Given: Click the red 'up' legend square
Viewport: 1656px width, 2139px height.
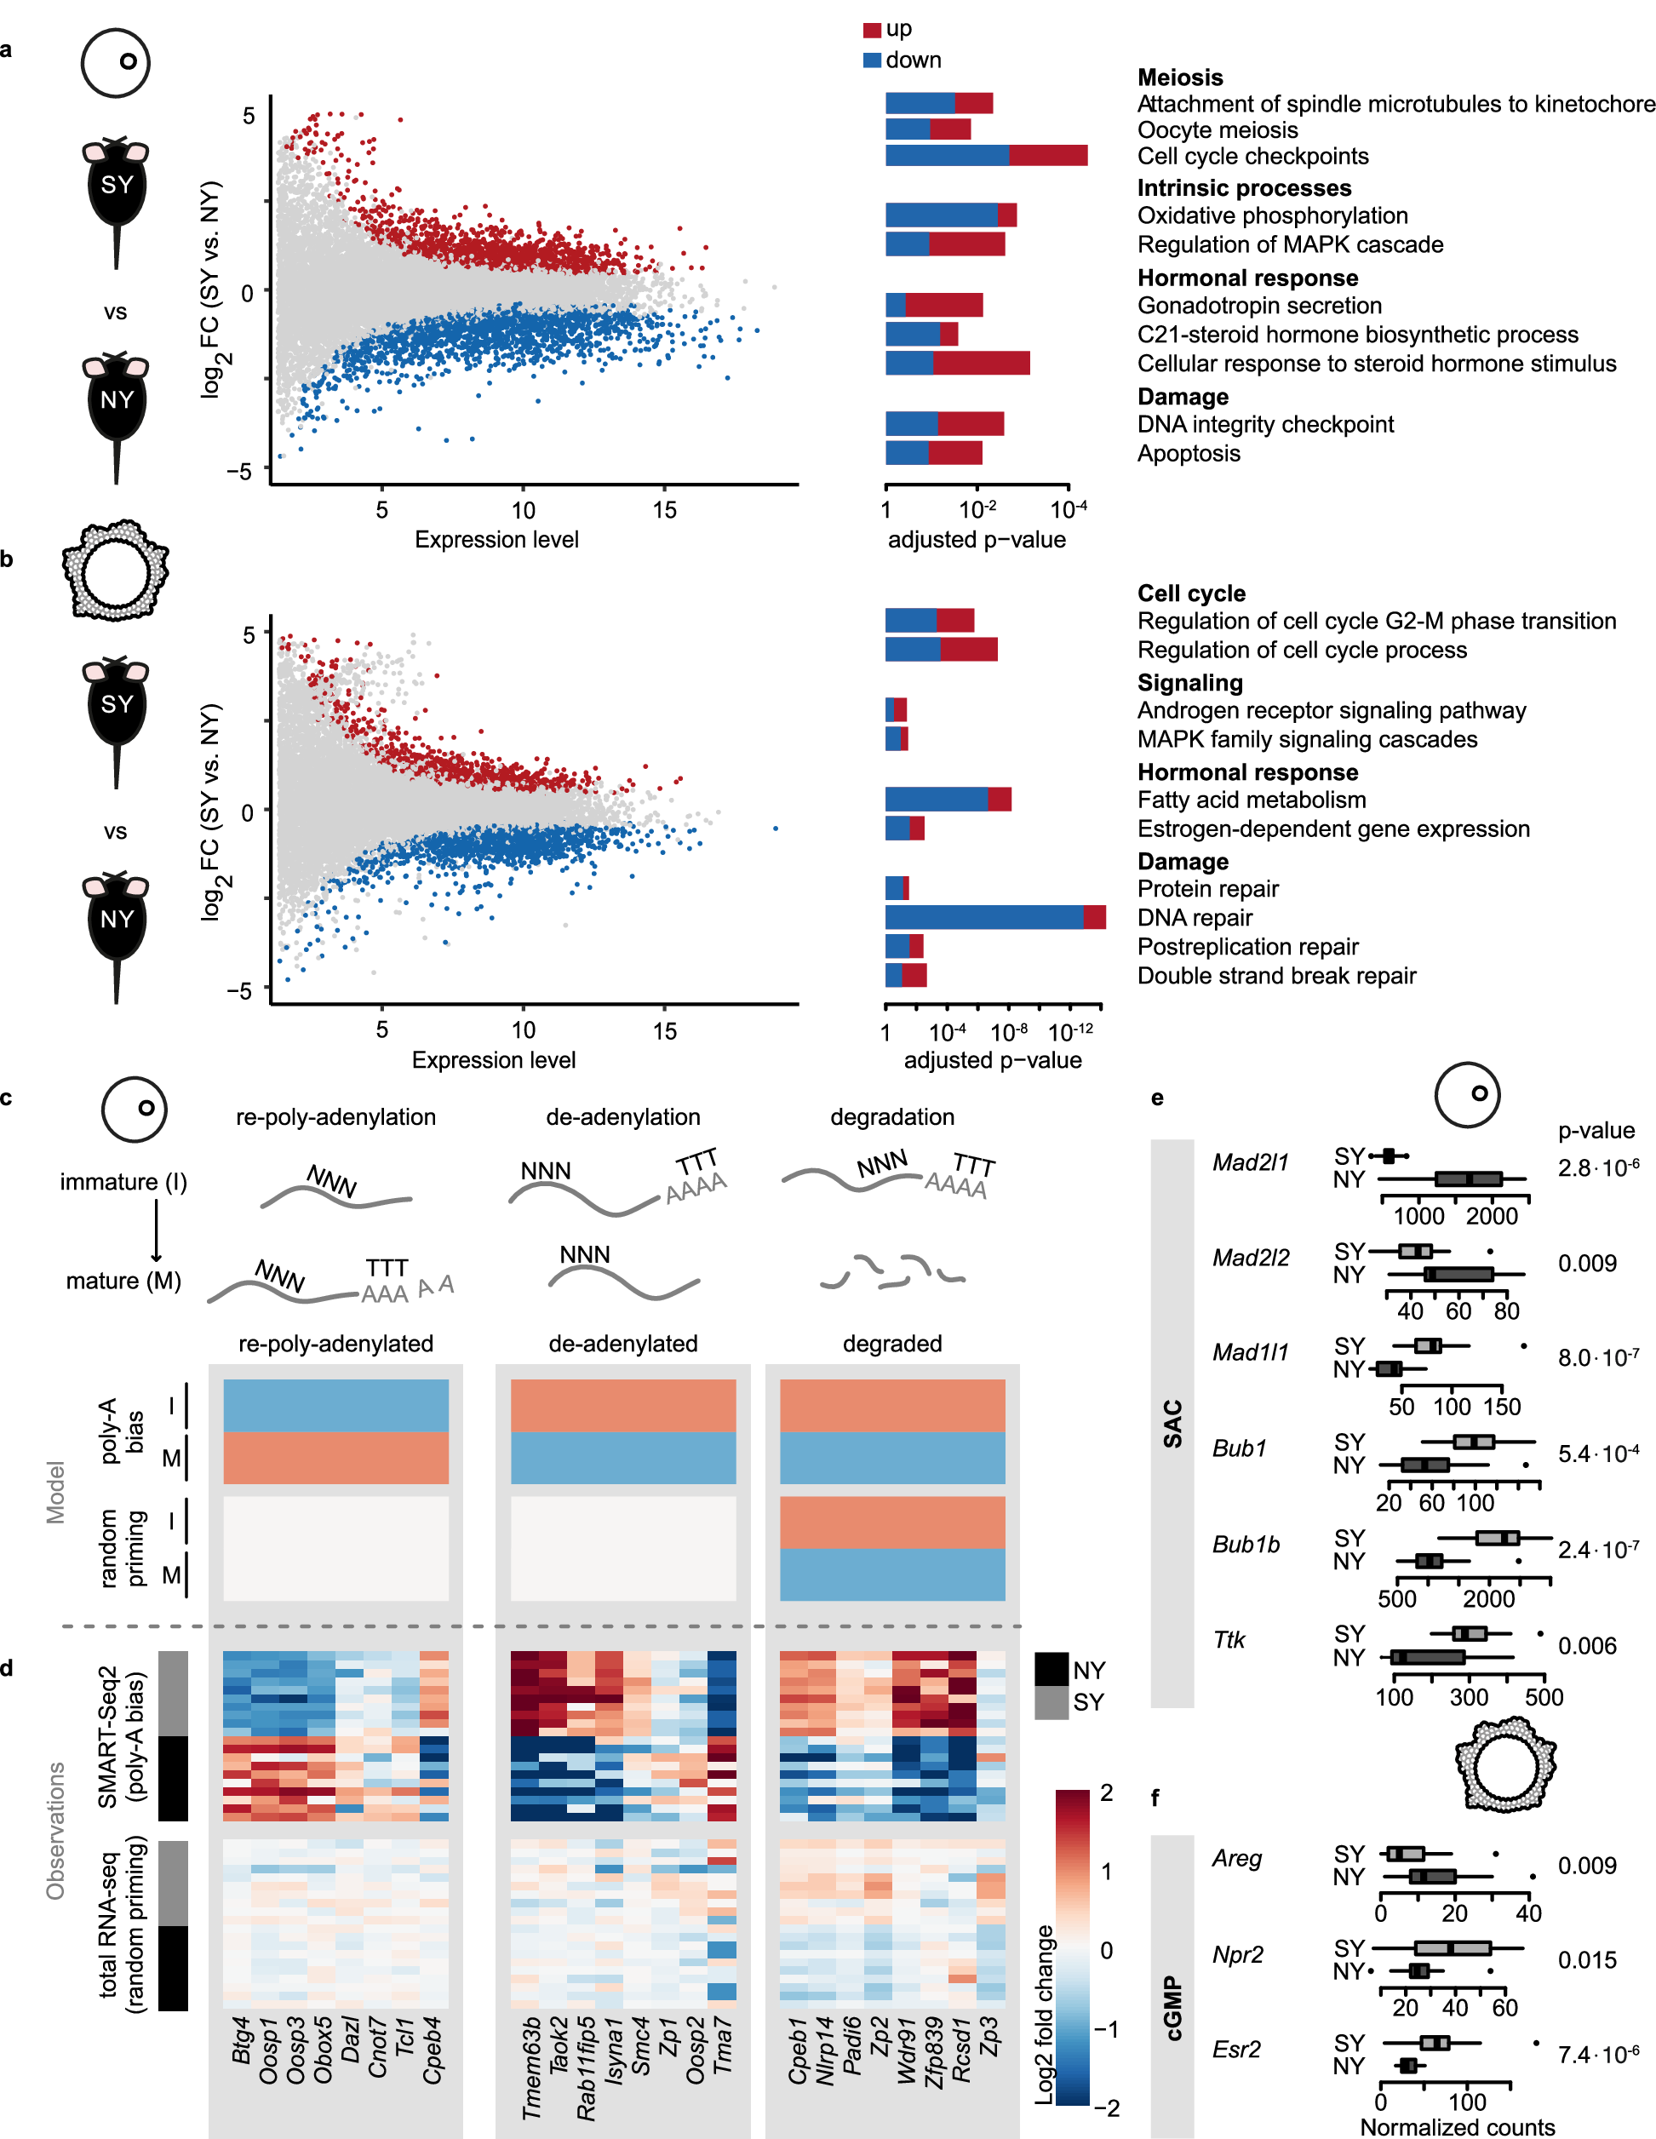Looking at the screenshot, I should point(872,31).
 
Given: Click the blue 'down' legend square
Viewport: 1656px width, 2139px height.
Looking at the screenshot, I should point(872,60).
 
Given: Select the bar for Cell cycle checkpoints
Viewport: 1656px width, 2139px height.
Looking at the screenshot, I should point(985,155).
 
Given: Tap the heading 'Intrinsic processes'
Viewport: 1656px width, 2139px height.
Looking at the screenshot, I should point(1243,188).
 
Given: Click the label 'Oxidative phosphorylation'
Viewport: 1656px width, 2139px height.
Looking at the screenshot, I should point(1271,215).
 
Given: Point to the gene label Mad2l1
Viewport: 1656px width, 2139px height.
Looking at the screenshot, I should point(1250,1162).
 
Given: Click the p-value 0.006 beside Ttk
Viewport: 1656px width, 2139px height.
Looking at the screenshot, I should point(1586,1645).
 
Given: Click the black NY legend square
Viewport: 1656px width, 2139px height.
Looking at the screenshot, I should point(1051,1669).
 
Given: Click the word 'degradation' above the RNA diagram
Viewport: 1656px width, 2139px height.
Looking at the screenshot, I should point(891,1116).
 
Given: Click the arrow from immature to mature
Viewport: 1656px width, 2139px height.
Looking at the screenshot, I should point(156,1230).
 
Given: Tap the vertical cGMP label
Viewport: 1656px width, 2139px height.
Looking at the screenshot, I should point(1172,2008).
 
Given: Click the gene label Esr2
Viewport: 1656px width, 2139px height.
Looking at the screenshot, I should point(1236,2049).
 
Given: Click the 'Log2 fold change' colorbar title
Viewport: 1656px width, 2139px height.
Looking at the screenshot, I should point(1046,2014).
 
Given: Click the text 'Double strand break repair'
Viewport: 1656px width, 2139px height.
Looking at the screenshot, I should point(1275,976).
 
